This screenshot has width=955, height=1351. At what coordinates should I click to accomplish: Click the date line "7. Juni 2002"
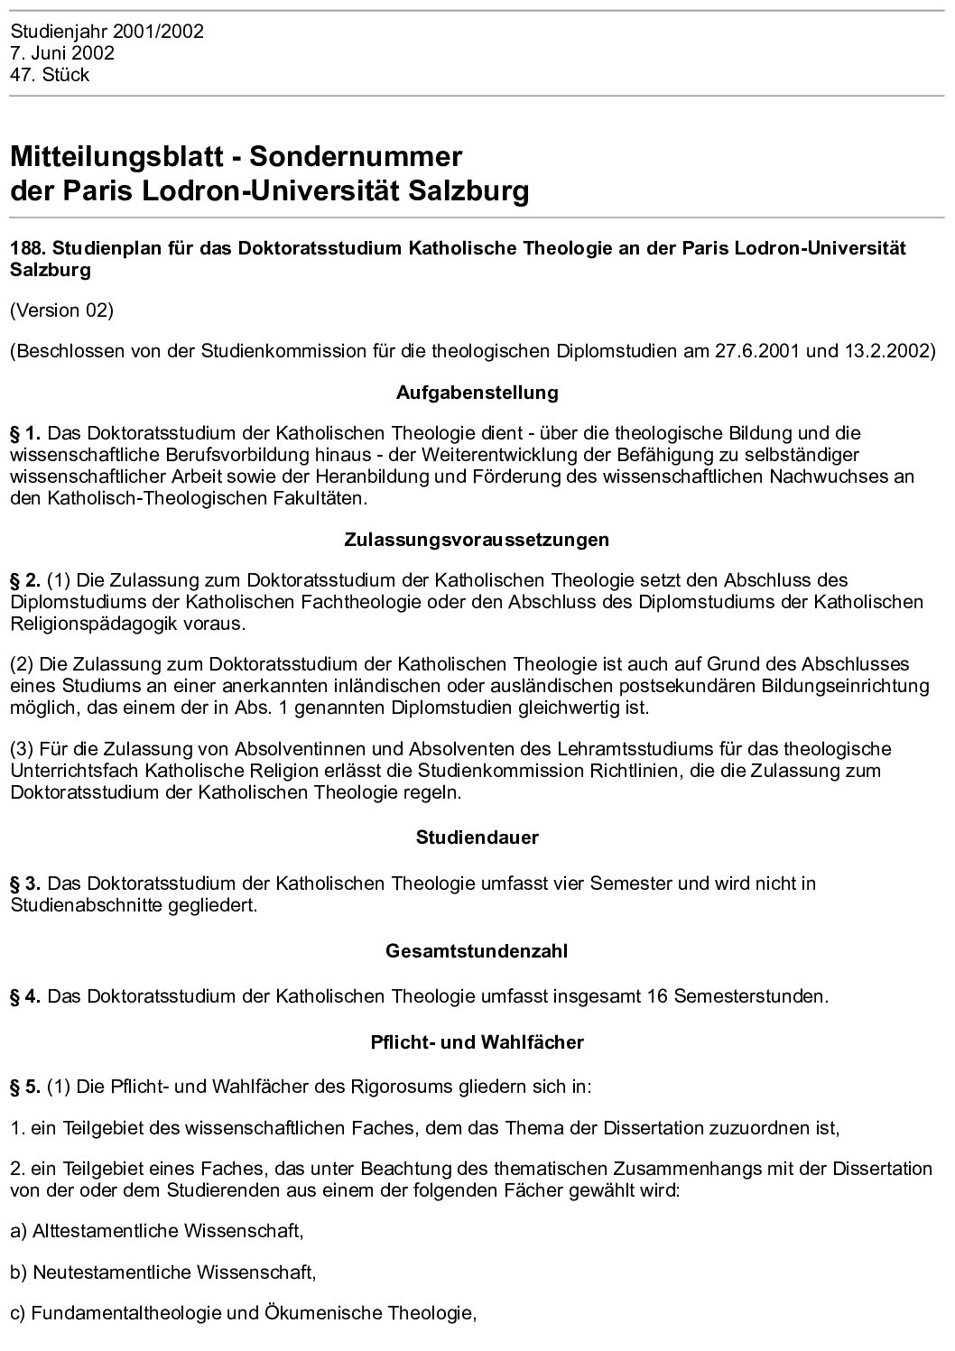[62, 53]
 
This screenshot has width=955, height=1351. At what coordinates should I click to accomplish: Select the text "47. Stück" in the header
[50, 75]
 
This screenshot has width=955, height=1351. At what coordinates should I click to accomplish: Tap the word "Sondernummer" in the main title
[356, 156]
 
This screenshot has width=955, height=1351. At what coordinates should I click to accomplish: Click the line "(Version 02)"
[61, 310]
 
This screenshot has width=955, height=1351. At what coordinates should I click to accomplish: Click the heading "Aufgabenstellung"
[477, 393]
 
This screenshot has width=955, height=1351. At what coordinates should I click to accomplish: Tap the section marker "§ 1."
[26, 433]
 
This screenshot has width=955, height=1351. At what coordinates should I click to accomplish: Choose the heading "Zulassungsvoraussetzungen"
[477, 540]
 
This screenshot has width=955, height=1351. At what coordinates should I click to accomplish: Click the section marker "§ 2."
[26, 580]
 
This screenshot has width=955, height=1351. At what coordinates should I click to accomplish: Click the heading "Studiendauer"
[477, 837]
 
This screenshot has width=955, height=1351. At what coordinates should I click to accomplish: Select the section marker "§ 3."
[26, 883]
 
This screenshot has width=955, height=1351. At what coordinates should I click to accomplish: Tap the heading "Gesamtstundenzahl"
[477, 951]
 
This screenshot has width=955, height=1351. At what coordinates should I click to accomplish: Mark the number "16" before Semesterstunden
[658, 996]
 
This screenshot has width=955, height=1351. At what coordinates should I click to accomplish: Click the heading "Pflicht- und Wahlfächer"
[477, 1042]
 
